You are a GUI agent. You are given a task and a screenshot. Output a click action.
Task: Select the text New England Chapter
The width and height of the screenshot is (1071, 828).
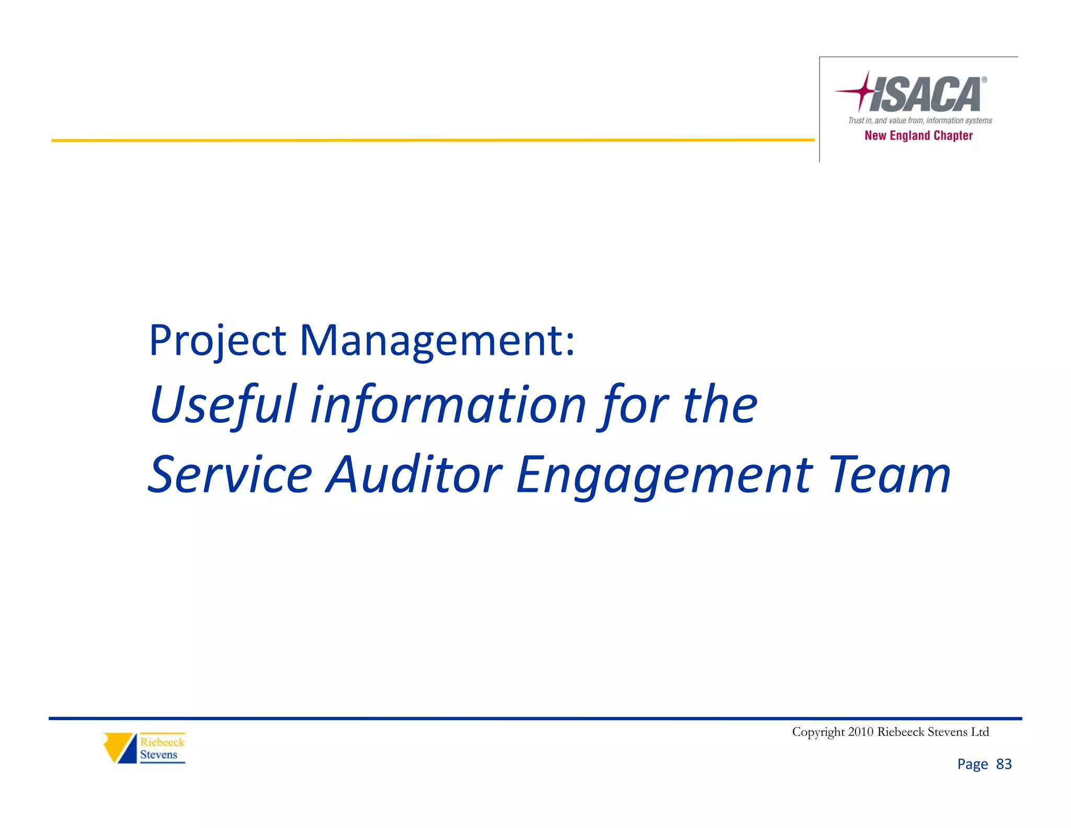918,136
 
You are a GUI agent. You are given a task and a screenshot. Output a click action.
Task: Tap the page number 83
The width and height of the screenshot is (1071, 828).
1004,764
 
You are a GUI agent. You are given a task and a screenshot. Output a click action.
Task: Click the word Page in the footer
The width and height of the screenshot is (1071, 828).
973,764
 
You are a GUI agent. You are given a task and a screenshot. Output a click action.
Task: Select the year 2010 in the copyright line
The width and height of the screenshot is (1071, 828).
861,732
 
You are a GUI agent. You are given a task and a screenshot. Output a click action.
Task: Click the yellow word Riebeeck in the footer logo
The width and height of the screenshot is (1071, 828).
162,742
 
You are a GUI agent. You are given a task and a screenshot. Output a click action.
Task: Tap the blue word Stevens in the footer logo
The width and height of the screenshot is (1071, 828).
158,755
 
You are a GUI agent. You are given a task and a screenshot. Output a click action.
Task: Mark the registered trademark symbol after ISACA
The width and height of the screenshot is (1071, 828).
984,80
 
